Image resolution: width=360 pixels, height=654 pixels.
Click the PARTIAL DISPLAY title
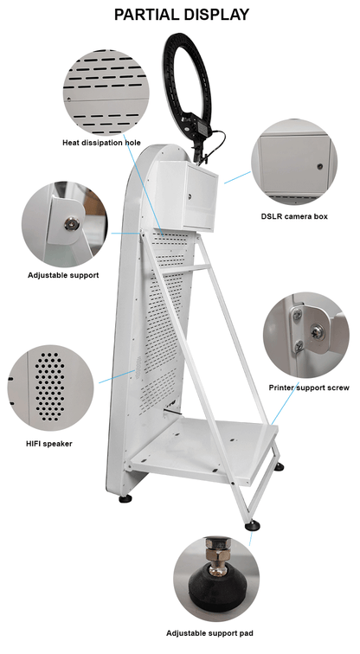tap(182, 15)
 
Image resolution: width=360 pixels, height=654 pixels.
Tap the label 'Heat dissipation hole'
tap(101, 143)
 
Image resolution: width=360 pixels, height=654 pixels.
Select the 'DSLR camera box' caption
tap(294, 216)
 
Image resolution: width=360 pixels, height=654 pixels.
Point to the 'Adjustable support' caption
tap(63, 275)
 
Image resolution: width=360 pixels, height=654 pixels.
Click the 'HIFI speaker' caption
tap(48, 444)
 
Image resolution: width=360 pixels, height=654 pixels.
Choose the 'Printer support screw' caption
tap(309, 388)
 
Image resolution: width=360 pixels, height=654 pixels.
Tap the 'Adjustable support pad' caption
tap(209, 633)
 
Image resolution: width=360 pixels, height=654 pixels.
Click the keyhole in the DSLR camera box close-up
tap(320, 166)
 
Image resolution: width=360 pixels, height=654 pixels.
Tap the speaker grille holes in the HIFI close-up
tap(49, 386)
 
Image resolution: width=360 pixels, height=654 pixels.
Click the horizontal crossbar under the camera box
tap(183, 269)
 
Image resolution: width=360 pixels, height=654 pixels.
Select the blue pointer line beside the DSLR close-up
tap(237, 177)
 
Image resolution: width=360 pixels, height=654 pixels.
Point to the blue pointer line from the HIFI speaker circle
tap(117, 376)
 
